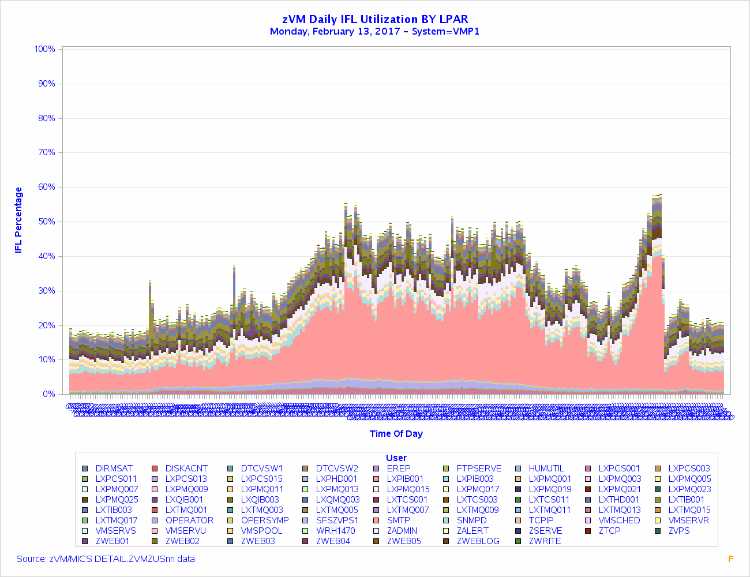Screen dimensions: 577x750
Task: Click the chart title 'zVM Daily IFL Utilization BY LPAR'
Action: (375, 20)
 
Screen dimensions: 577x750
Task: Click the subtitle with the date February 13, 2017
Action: (375, 32)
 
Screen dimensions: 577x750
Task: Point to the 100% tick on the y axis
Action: (45, 49)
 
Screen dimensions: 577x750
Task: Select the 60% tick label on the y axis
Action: (45, 187)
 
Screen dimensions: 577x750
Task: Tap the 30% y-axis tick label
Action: (45, 291)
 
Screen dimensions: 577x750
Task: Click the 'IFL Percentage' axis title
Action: (18, 220)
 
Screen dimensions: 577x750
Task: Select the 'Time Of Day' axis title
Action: (396, 434)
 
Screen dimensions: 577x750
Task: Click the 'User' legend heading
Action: (396, 458)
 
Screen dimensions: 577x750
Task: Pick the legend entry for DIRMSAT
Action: (114, 469)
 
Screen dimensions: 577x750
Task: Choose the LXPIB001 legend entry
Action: (405, 479)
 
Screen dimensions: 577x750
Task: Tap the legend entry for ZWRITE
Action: (545, 541)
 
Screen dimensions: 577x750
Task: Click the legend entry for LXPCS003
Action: (689, 469)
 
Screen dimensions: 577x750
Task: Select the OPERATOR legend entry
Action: (189, 520)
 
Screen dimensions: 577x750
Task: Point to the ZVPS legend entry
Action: (678, 531)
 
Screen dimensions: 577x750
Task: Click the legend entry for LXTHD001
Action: (618, 500)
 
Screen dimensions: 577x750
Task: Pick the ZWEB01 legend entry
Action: (112, 541)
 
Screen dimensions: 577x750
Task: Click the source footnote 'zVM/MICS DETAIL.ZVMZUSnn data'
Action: (106, 559)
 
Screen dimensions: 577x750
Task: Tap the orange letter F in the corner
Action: (731, 559)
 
